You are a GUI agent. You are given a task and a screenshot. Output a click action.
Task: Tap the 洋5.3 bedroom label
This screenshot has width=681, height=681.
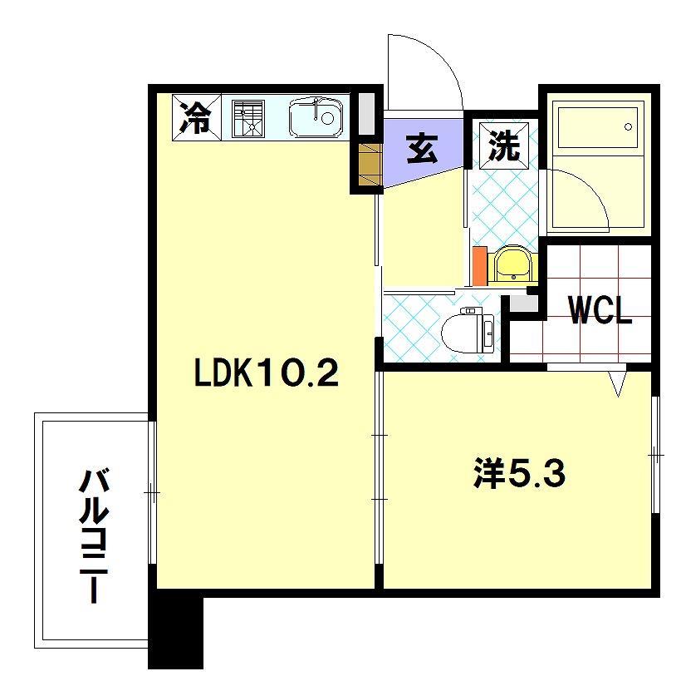coord(519,474)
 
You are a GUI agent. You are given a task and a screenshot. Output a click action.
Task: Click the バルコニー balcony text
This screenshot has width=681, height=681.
coord(92,536)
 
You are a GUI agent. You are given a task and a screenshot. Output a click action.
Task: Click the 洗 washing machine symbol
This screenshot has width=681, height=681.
coord(503,146)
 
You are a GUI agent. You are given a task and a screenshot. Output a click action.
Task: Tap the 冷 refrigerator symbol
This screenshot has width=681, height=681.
coord(197,117)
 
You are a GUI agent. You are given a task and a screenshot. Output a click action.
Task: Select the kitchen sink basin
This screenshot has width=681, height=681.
coord(316,118)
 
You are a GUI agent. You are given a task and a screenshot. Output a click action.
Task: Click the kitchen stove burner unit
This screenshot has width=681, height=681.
coord(247,118)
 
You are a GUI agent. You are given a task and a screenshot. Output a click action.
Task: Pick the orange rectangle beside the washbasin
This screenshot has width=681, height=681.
coord(478,266)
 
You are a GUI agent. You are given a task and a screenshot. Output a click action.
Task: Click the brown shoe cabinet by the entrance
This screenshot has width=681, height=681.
coord(369,165)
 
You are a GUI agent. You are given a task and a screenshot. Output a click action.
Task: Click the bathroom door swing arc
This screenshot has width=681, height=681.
coord(581,200)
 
